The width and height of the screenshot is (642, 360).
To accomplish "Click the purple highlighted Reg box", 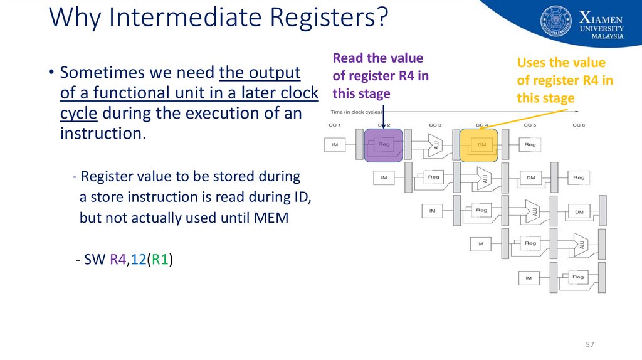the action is pos(384,145).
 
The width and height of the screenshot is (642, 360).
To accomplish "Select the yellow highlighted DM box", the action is pos(479,145).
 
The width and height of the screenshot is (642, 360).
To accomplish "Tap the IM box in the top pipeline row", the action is pos(335,145).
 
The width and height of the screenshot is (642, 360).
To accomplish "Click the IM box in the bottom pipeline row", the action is pos(529,277).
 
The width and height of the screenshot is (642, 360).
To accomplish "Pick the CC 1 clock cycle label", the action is pos(335,125).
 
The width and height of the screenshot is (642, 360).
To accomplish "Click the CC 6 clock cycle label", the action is pos(579,125).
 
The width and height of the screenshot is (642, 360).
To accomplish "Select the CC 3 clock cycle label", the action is pos(434,125).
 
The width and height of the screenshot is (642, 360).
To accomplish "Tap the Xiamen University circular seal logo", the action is pos(555,21).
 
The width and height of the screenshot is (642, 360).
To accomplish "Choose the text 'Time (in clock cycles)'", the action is pos(356,112).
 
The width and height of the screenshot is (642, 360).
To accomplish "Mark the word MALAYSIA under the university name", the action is pos(608,36).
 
